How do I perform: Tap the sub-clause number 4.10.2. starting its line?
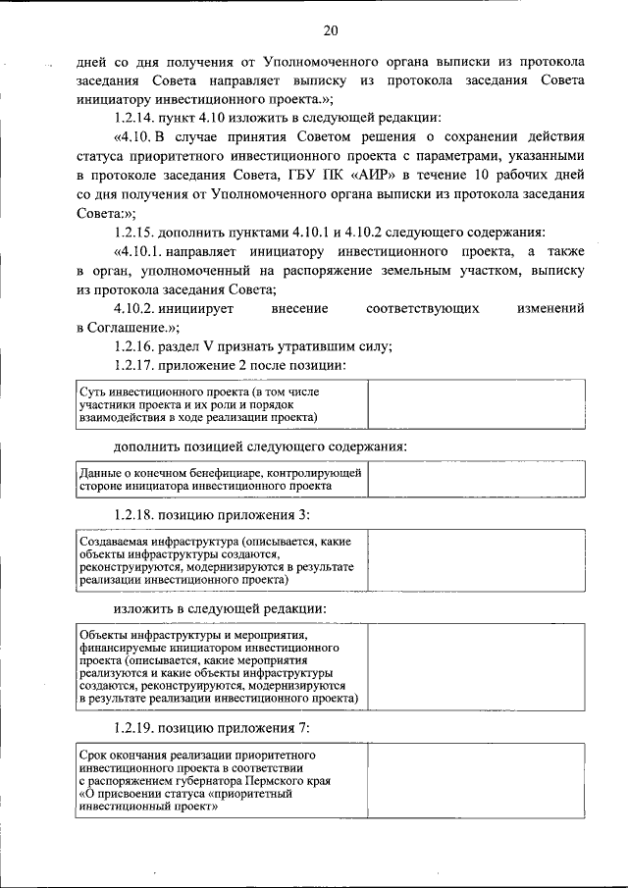[138, 308]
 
